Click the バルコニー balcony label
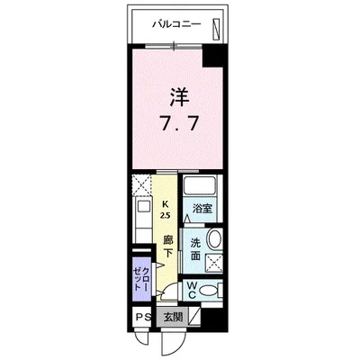click(175, 24)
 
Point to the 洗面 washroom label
click(195, 249)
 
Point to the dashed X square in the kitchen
click(141, 187)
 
